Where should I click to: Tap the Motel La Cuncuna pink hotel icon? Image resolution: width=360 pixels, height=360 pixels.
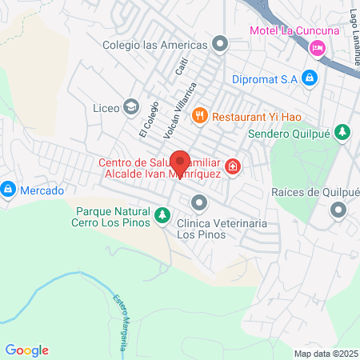318,50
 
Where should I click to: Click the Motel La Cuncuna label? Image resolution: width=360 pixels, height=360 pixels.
294,30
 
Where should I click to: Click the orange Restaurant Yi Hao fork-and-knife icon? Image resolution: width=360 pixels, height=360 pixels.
199,114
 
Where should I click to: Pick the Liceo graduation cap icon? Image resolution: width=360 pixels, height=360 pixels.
130,106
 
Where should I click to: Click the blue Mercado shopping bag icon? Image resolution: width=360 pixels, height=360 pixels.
8,190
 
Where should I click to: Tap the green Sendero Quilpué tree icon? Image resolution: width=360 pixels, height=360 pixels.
342,131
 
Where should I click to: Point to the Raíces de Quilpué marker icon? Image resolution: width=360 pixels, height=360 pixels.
338,210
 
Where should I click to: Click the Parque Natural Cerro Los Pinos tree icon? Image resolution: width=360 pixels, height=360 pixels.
162,214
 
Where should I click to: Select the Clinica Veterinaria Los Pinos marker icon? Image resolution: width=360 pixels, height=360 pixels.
198,201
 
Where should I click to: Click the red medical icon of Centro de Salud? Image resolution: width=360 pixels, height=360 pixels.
232,166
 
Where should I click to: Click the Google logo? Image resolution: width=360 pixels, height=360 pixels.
26,350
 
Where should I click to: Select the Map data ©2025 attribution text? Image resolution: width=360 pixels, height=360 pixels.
326,354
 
